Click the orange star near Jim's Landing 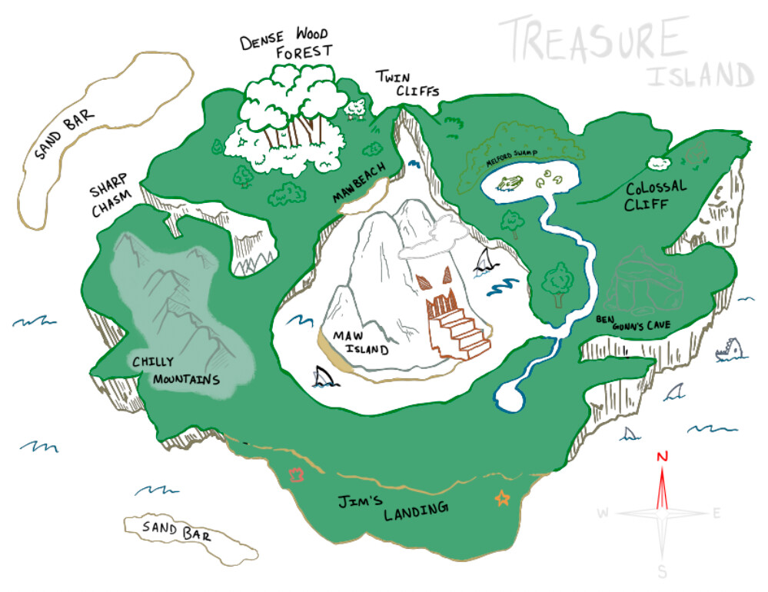point(502,499)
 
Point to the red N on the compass point(662,456)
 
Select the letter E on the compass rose point(716,514)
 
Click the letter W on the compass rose point(603,513)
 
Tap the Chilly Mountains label point(175,371)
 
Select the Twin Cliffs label point(405,84)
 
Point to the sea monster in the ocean point(729,352)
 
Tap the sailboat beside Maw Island point(484,261)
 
